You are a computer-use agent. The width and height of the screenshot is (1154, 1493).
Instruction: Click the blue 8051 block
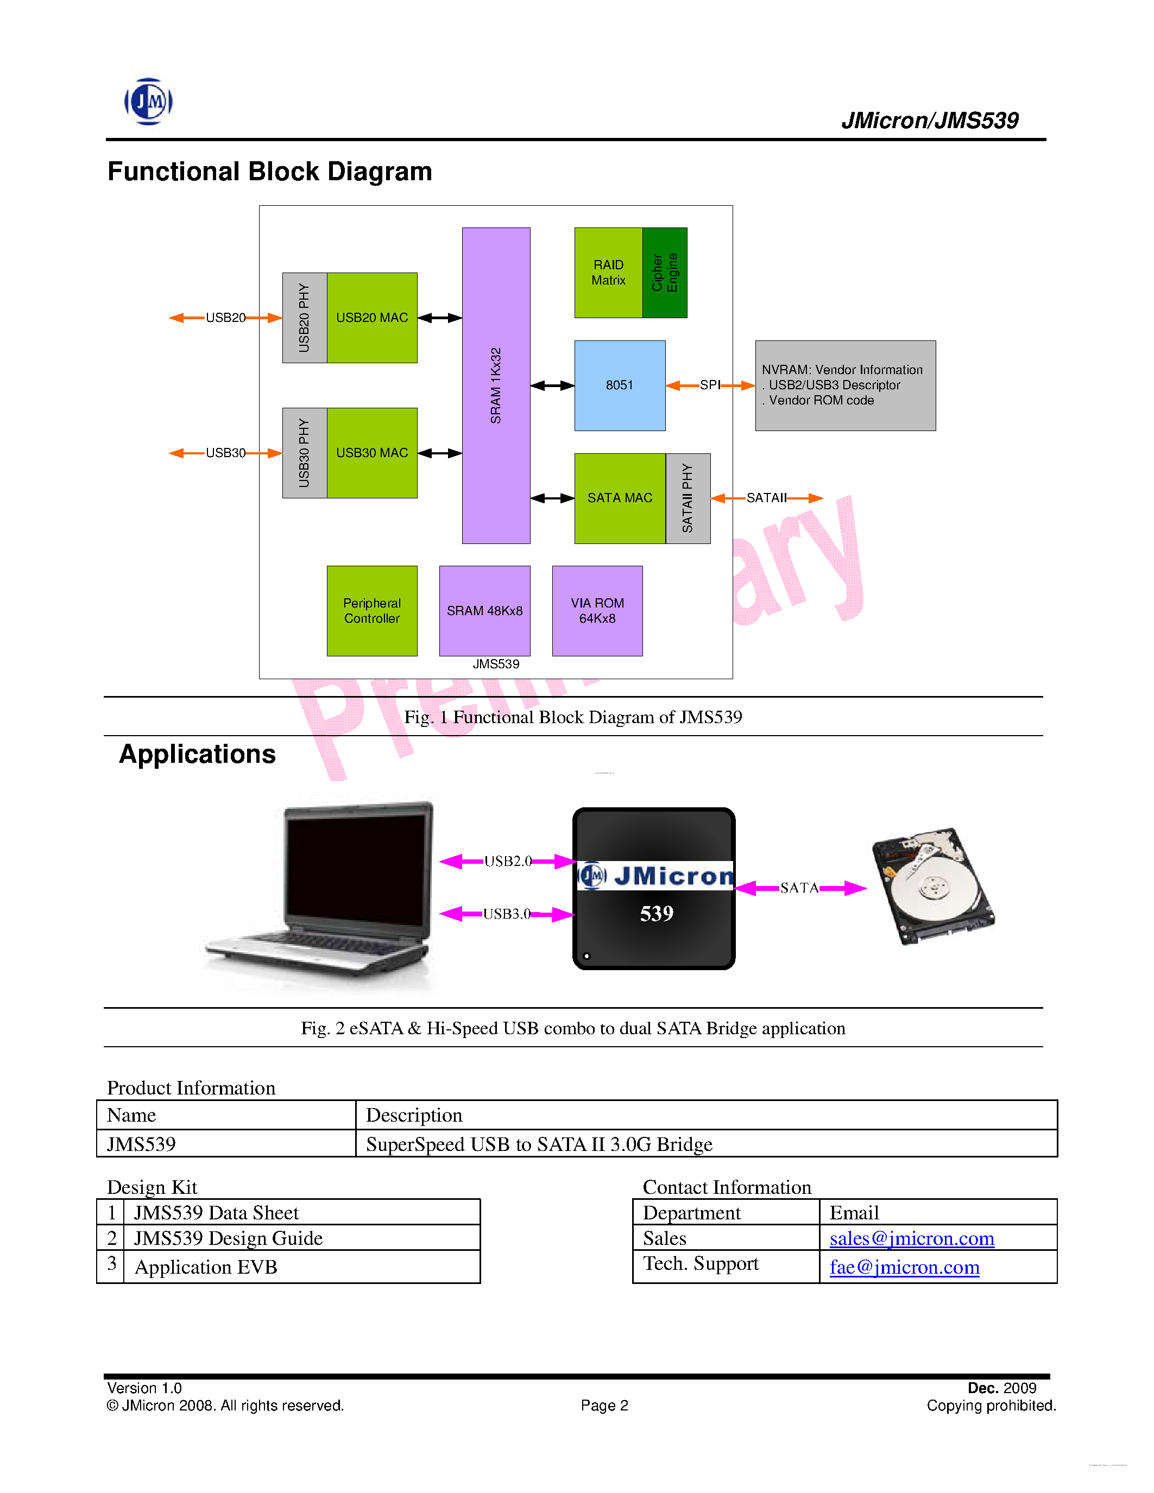coord(620,385)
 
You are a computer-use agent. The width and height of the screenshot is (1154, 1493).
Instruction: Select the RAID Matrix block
coord(608,273)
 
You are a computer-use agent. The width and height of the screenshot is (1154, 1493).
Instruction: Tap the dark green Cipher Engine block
coord(665,273)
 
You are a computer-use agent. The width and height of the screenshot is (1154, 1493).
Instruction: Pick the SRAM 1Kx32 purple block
coord(496,385)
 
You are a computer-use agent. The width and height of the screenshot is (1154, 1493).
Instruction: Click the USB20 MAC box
coord(372,318)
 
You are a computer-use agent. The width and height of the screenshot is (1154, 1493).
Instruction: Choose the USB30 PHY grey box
coord(304,453)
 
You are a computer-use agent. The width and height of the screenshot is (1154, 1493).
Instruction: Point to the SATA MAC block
coord(620,498)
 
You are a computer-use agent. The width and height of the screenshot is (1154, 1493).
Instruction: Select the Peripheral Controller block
coord(372,610)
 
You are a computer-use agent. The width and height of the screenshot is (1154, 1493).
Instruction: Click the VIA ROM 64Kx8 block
coord(597,610)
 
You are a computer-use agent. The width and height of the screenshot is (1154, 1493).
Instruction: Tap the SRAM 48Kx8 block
coord(485,610)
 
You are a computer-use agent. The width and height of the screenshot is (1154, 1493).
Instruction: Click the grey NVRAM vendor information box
coord(845,385)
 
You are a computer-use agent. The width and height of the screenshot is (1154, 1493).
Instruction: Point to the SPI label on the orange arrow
coord(710,385)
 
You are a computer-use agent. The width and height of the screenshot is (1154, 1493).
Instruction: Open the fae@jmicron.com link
coord(904,1267)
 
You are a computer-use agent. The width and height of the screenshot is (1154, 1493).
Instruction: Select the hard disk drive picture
coord(932,886)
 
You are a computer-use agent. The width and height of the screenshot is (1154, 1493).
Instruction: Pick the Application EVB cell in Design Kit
coord(206,1267)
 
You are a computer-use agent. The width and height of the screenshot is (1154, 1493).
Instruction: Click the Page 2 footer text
coord(604,1406)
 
